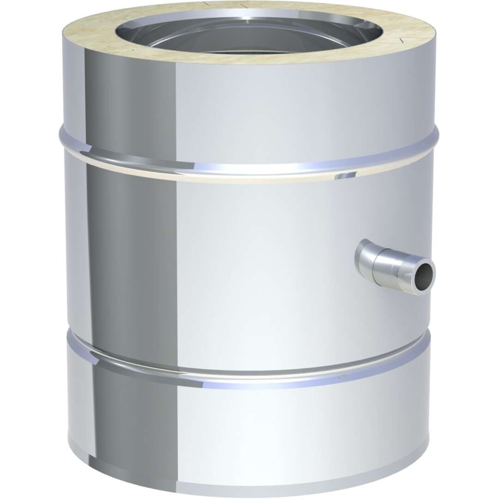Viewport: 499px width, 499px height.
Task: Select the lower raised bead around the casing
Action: [x=249, y=365]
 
